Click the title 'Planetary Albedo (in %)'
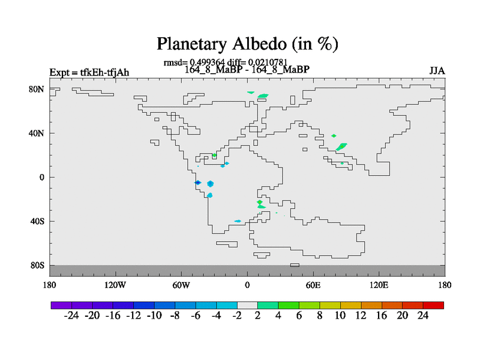pos(247,44)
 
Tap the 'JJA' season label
pos(437,71)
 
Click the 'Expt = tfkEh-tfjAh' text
pos(89,73)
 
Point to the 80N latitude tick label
pos(37,89)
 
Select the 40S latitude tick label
pos(37,221)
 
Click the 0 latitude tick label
pos(41,177)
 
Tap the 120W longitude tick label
pos(115,286)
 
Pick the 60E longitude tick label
pos(313,286)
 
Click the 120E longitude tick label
pos(379,286)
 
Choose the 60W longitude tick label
pos(181,286)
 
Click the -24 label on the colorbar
pos(71,316)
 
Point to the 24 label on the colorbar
pos(423,316)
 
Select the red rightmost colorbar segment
pos(433,305)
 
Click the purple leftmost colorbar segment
pos(61,305)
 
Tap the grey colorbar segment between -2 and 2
pos(247,305)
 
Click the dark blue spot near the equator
pos(198,182)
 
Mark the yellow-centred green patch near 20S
pos(260,202)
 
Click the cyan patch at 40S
pos(238,221)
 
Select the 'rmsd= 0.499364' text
pos(194,63)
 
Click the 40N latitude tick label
pos(37,133)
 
